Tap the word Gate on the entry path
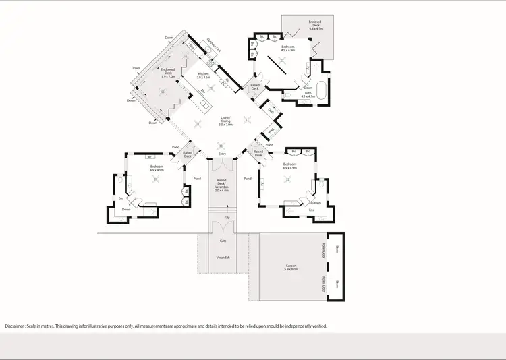[x=222, y=241]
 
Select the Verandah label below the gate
[x=223, y=258]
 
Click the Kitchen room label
[x=204, y=76]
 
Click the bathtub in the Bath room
[x=322, y=93]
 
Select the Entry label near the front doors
[x=222, y=154]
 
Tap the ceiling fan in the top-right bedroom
[x=287, y=59]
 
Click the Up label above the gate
[x=227, y=218]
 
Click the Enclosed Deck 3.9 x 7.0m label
[x=168, y=73]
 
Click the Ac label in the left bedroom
[x=148, y=156]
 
